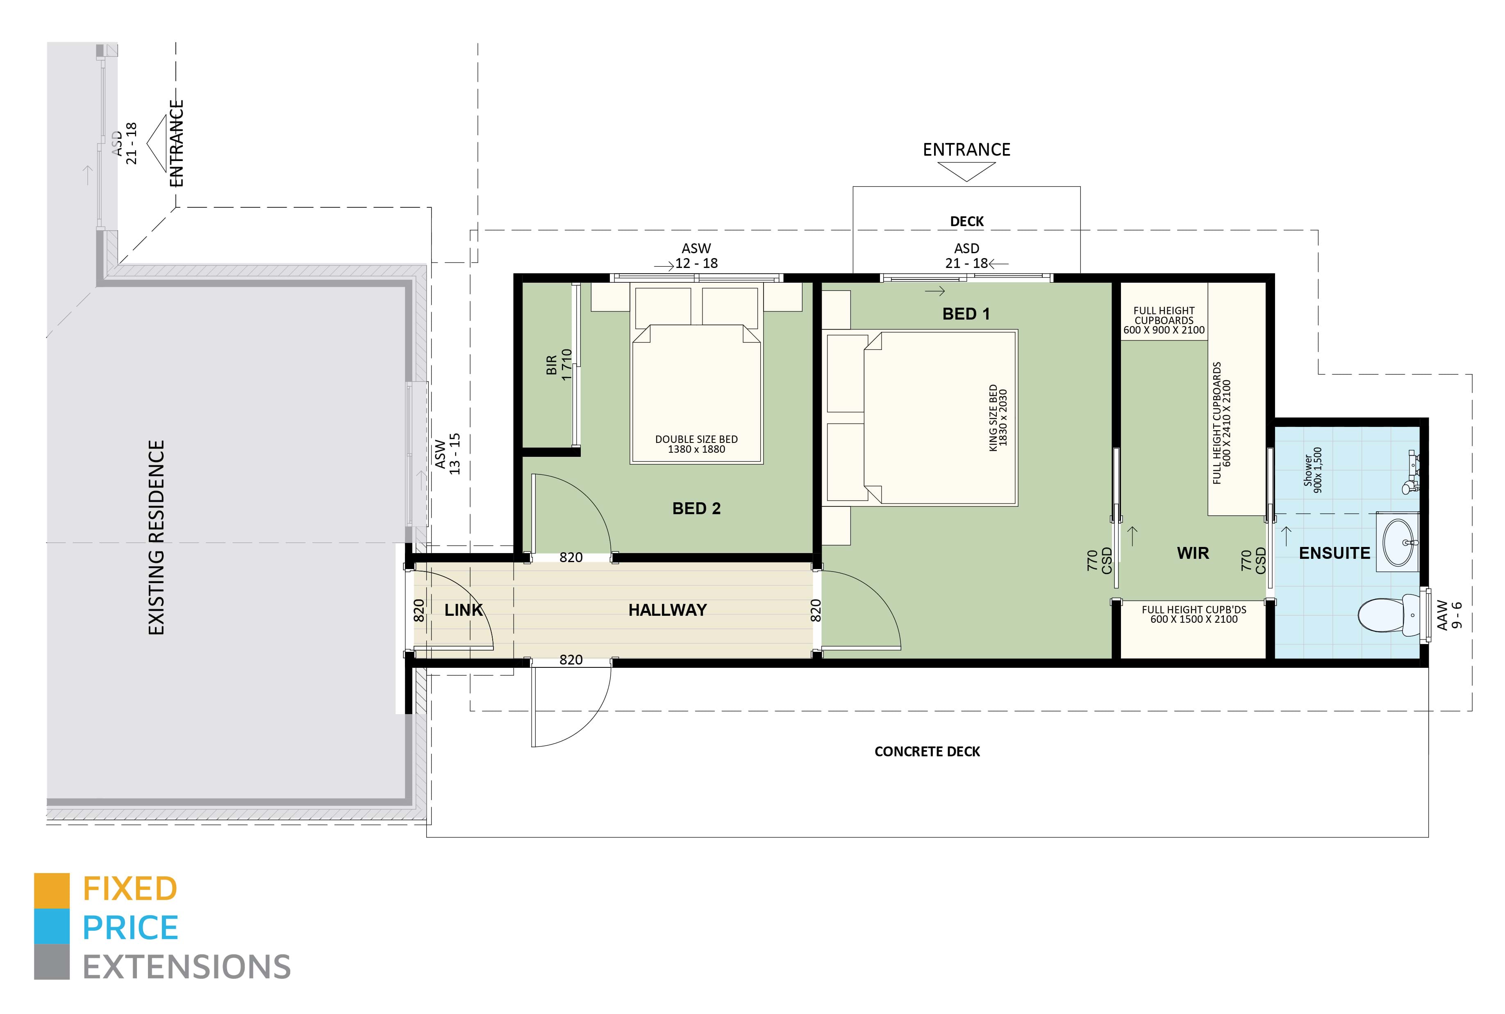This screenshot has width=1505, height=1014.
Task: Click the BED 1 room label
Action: click(x=966, y=314)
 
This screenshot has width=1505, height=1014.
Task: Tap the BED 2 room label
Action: click(x=696, y=509)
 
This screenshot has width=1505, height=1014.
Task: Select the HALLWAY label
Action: click(x=667, y=610)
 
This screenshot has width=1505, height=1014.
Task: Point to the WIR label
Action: click(x=1193, y=553)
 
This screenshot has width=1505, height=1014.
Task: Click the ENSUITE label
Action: click(x=1334, y=553)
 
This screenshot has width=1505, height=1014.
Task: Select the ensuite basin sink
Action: click(x=1399, y=542)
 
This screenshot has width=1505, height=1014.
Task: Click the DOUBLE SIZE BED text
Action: click(x=696, y=439)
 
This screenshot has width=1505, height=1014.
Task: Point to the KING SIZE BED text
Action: click(x=993, y=418)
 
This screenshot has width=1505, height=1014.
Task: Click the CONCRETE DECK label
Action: click(x=927, y=751)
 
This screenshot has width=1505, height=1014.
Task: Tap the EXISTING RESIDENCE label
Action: click(x=157, y=538)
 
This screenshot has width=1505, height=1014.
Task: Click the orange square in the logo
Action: click(x=52, y=891)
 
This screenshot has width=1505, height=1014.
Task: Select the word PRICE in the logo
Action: click(x=130, y=928)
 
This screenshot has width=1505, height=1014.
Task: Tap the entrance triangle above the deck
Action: click(x=966, y=171)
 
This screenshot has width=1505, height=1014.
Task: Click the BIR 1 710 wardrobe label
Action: click(x=559, y=365)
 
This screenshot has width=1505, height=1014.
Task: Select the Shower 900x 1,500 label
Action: click(x=1313, y=470)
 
